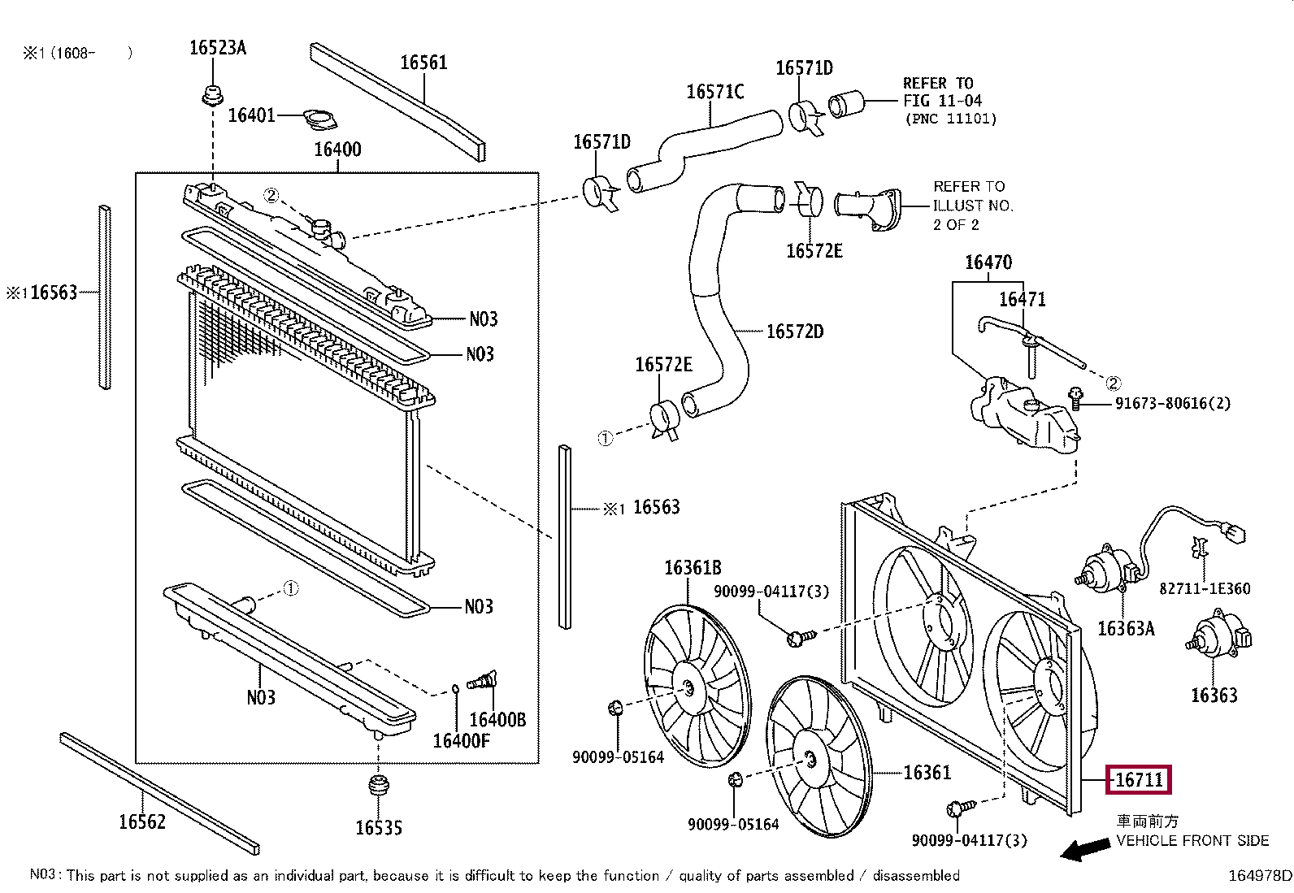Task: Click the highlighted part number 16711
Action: tap(1139, 780)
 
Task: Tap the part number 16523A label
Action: tap(218, 47)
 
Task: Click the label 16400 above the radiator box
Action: tap(337, 150)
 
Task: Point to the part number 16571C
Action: tap(715, 91)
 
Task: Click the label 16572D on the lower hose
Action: tap(795, 332)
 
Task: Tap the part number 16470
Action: tap(988, 262)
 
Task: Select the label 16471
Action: tap(1023, 299)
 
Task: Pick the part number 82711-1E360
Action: tap(1205, 588)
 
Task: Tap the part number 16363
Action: tap(1214, 695)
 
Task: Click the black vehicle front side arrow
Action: tap(1085, 849)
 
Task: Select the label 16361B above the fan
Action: tap(693, 568)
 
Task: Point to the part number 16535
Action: tap(379, 828)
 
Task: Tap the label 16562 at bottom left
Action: tap(142, 821)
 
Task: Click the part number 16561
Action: tap(424, 63)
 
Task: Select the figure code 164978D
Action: tap(1259, 876)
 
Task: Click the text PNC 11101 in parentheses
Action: tap(951, 119)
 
